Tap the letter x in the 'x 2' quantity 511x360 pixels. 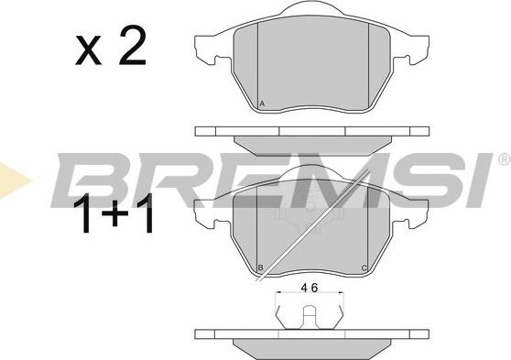click(x=88, y=50)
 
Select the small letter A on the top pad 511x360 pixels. click(x=262, y=104)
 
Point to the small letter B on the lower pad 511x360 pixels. click(x=260, y=268)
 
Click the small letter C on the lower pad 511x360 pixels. click(x=364, y=268)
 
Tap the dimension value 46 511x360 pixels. click(x=310, y=288)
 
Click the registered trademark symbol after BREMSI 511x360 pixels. click(x=505, y=158)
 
